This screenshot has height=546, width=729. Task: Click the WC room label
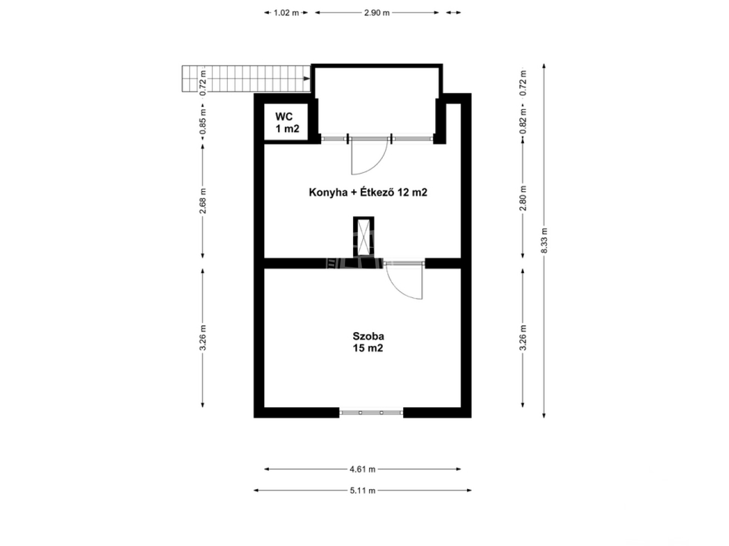287,123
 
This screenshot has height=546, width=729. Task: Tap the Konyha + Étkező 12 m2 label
368,192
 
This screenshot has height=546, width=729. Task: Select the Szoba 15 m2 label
368,342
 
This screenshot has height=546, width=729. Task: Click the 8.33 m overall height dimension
544,241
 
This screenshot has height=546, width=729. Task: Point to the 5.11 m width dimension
363,491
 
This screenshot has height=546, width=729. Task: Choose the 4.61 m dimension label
363,469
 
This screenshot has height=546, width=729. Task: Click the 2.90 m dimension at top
377,13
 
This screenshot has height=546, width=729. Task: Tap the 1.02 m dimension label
286,13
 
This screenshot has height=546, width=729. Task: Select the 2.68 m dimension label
203,201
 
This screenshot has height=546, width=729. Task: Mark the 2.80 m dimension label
523,198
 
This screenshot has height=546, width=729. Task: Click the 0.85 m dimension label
203,122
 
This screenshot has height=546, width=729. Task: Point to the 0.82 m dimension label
523,121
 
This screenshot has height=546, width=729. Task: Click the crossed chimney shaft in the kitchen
364,237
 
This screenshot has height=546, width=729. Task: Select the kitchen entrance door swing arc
377,165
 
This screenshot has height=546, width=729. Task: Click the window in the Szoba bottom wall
371,413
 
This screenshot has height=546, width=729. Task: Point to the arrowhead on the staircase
307,78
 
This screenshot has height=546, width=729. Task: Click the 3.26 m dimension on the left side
203,338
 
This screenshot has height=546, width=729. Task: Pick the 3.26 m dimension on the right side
523,338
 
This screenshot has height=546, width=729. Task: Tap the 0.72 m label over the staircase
203,83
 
